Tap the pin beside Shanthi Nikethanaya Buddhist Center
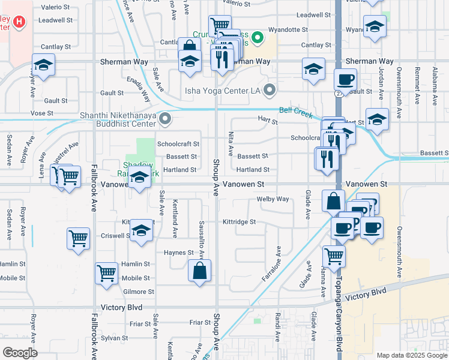pos(166,119)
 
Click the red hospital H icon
pos(20,22)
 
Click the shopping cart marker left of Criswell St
pos(79,238)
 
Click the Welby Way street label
pos(273,199)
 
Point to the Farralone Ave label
pos(272,263)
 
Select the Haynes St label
pos(179,253)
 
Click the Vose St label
pos(42,113)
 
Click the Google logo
pos(20,352)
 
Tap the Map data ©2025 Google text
pos(411,355)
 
